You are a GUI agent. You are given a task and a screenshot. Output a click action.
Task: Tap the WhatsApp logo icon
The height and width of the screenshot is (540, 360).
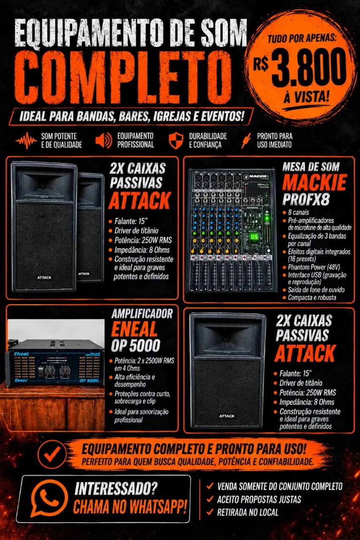tap(49, 498)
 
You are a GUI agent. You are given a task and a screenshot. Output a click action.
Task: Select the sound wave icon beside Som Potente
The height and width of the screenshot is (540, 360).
tap(26, 140)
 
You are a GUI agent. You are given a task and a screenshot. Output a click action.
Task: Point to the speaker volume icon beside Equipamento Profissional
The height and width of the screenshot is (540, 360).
tap(104, 140)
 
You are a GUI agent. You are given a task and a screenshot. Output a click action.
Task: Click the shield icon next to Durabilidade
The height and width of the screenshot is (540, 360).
tap(176, 140)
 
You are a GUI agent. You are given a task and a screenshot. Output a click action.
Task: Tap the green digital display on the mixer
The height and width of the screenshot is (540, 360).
tap(254, 237)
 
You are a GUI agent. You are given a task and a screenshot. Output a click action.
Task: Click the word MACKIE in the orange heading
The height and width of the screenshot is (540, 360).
tap(314, 182)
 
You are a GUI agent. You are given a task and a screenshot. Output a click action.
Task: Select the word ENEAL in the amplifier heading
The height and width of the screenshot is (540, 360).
tap(134, 329)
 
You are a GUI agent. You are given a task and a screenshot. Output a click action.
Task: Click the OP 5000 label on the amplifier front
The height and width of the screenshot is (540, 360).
tap(89, 381)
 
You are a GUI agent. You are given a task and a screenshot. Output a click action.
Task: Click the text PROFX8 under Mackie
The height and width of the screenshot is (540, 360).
tap(306, 200)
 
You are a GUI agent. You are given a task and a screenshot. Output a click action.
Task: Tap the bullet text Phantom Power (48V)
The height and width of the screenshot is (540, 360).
tap(314, 267)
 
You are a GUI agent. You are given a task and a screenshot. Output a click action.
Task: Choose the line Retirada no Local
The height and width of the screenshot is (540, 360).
tap(248, 512)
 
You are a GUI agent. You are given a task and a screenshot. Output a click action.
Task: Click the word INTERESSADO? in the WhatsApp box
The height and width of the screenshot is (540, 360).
tap(116, 488)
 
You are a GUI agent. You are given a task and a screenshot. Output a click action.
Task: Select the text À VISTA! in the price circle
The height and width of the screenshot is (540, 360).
tap(306, 97)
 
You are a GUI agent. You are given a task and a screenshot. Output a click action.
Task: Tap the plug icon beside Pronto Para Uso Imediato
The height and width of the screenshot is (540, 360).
tap(246, 141)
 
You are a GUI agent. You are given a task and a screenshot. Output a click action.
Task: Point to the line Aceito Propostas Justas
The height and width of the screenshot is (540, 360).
tap(259, 499)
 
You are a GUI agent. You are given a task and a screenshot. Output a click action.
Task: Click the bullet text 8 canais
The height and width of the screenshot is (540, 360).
tap(298, 212)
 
